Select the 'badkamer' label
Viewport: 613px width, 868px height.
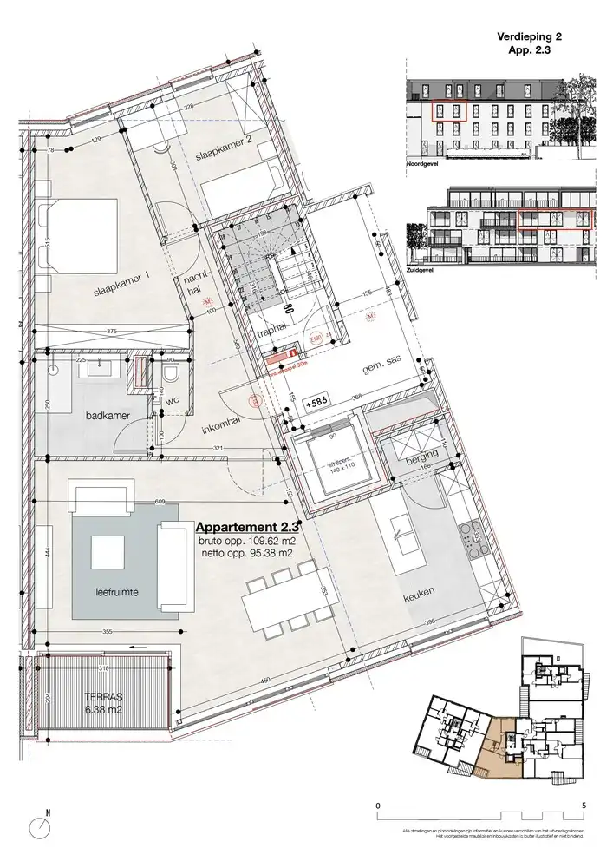pyautogui.click(x=108, y=416)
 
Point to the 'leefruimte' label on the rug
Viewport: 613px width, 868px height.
pyautogui.click(x=117, y=594)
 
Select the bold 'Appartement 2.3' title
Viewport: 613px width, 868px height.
pyautogui.click(x=247, y=527)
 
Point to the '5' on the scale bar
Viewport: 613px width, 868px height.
pyautogui.click(x=585, y=806)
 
